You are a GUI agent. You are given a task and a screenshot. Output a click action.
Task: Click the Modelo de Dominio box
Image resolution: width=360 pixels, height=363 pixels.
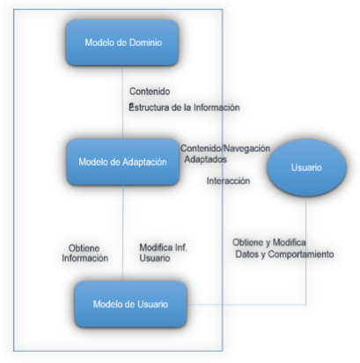coord(122,42)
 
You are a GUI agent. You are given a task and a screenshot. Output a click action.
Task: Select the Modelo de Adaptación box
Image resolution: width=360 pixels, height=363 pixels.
coord(123,162)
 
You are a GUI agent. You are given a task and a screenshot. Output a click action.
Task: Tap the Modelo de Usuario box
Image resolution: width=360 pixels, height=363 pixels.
coord(130,304)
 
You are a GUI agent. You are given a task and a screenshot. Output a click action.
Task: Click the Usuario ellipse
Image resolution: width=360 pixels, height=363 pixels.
coord(306,167)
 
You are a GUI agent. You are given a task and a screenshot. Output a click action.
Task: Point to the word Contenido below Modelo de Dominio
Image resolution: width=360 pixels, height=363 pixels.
coord(150,92)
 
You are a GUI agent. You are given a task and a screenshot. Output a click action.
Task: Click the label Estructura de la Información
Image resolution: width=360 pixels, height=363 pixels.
coord(184,107)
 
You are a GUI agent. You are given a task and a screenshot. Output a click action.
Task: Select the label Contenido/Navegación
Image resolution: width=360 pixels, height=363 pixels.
coord(225,148)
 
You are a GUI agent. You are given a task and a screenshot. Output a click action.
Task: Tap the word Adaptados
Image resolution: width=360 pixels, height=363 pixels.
coord(205,159)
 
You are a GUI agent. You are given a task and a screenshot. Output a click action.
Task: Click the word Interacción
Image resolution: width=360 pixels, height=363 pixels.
coord(228,181)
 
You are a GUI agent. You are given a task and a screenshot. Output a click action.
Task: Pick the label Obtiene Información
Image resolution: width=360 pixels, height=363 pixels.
coord(84,253)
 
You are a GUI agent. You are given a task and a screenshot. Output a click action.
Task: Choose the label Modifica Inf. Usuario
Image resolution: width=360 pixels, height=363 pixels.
coord(163,253)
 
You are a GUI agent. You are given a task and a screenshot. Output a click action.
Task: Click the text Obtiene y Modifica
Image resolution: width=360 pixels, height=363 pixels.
coord(269,242)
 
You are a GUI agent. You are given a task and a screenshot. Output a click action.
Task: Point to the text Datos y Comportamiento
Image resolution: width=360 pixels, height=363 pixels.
coord(284,254)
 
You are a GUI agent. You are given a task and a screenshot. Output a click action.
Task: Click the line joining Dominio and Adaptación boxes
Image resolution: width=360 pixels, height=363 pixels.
coord(122,102)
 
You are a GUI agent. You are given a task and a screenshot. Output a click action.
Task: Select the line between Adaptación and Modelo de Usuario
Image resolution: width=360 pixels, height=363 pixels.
coord(123,233)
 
